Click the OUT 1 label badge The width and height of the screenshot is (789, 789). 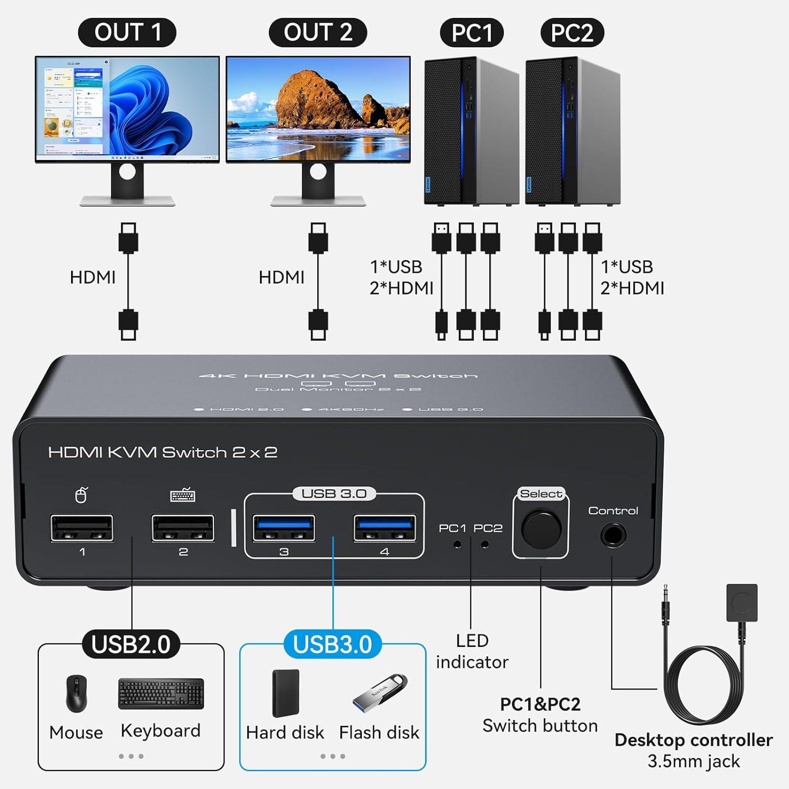[127, 33]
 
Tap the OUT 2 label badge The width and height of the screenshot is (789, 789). [318, 33]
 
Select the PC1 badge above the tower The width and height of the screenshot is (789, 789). [471, 33]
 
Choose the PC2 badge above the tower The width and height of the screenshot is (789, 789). [572, 33]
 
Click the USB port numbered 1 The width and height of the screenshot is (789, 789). [82, 528]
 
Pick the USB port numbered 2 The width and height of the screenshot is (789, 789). [183, 528]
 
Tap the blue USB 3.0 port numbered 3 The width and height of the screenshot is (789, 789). [284, 528]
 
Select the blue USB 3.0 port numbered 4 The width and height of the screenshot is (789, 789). [385, 528]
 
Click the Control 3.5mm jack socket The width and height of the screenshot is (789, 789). [613, 537]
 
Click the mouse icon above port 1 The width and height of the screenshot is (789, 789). [81, 495]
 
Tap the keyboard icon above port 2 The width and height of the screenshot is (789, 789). [183, 495]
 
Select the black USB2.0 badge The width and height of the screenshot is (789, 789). [131, 644]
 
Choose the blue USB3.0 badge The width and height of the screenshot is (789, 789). [332, 644]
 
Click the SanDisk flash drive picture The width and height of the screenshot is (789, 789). [380, 691]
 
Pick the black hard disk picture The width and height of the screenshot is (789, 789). [286, 693]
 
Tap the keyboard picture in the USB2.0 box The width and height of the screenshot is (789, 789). [161, 694]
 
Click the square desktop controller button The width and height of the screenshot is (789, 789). [742, 603]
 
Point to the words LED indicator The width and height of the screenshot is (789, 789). [472, 651]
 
